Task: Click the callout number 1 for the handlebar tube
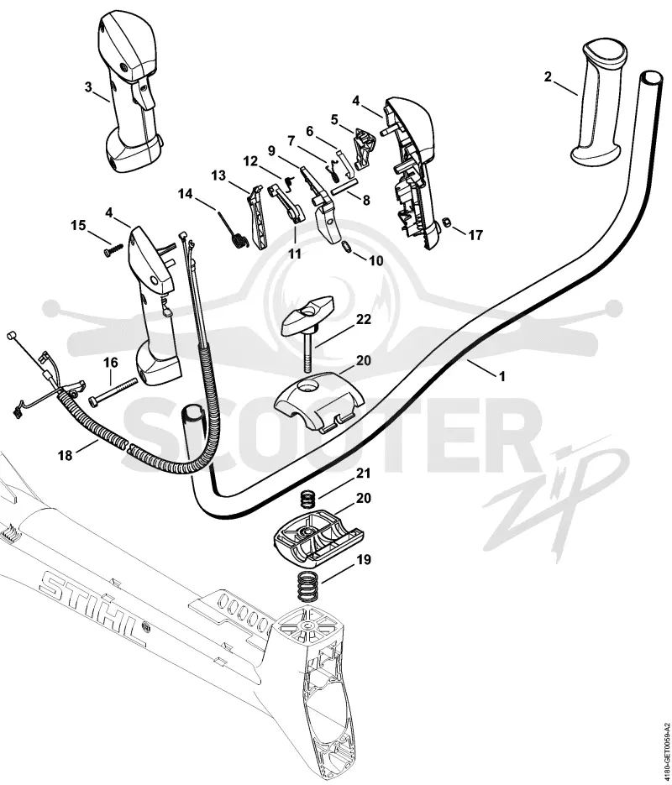pos(502,376)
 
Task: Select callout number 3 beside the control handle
pos(89,87)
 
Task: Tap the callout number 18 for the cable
pos(65,455)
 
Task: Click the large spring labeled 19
pos(307,586)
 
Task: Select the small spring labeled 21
pos(308,500)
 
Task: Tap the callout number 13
pos(218,175)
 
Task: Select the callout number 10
pos(375,260)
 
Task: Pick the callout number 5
pos(334,119)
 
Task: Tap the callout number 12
pos(250,161)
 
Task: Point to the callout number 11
pos(295,254)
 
